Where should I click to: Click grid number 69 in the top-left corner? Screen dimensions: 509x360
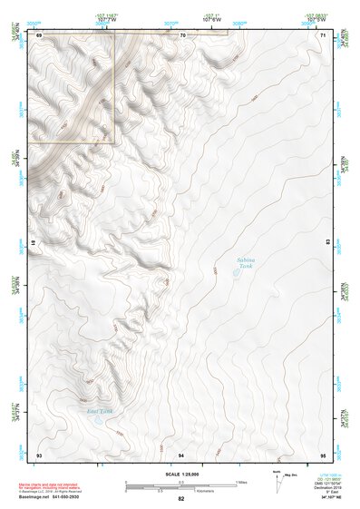(x=40, y=34)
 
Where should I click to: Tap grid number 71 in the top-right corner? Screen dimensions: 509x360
(x=322, y=34)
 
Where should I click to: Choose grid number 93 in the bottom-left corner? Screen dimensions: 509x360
(x=39, y=453)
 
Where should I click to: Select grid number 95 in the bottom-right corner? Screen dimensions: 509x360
(x=322, y=453)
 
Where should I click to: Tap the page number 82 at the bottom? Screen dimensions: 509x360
(x=180, y=499)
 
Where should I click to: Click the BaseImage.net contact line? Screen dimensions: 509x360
(x=63, y=497)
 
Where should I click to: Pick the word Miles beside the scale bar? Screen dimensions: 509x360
(x=240, y=482)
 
